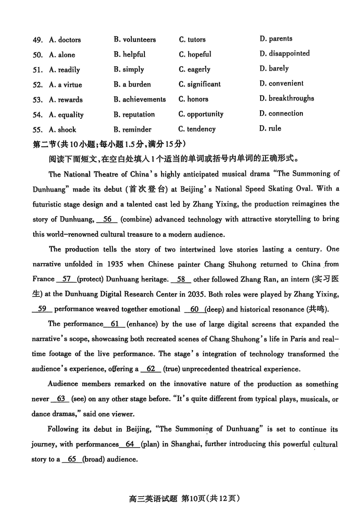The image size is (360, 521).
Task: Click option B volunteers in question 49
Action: point(135,40)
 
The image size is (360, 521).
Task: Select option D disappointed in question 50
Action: point(284,54)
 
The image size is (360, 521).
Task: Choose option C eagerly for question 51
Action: point(194,69)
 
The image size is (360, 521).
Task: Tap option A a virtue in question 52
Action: point(65,85)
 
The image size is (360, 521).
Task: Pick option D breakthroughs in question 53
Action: point(287,99)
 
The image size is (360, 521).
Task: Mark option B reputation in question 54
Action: point(134,114)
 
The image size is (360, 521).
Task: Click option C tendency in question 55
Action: point(197,129)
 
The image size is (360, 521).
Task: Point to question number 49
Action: point(37,40)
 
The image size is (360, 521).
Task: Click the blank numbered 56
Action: point(107,219)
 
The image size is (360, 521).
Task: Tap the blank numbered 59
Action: point(43,309)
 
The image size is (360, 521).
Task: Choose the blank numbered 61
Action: point(114,324)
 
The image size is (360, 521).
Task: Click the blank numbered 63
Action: point(62,399)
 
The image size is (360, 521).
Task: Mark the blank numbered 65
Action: point(71,459)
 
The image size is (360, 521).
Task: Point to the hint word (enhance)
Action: point(144,324)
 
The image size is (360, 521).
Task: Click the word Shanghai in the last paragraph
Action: point(181,444)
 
